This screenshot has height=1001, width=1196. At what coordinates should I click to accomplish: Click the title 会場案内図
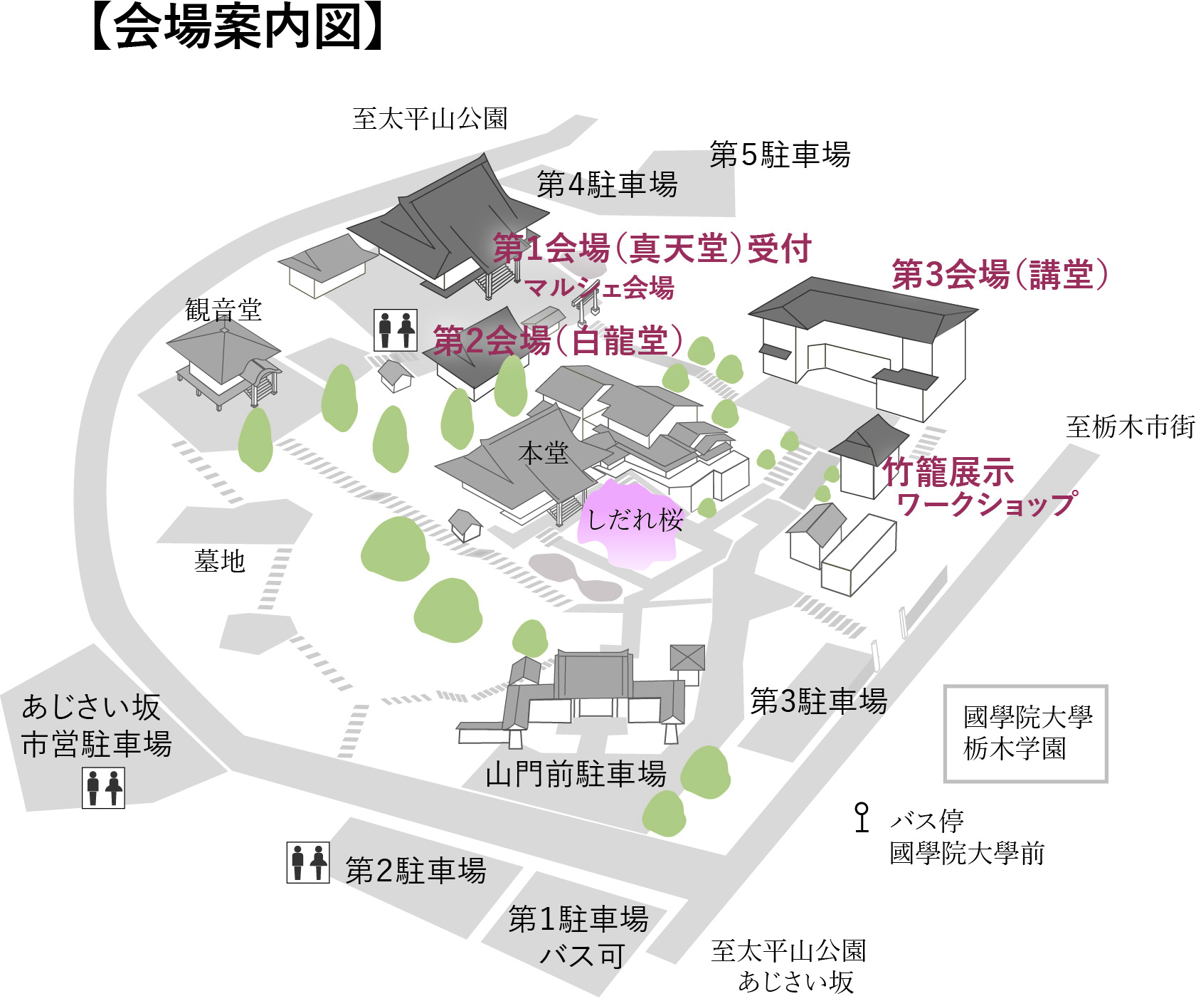click(238, 28)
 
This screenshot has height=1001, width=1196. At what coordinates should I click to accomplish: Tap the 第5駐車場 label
click(780, 154)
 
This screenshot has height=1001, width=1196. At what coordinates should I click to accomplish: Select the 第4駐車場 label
click(607, 185)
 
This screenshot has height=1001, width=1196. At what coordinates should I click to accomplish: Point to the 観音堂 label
click(223, 310)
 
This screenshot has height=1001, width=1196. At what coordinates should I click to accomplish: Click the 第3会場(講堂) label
click(1000, 275)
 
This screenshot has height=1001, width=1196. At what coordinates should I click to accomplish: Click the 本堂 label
click(544, 453)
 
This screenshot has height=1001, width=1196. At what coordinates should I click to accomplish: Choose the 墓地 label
click(220, 561)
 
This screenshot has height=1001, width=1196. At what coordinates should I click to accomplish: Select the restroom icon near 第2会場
click(396, 330)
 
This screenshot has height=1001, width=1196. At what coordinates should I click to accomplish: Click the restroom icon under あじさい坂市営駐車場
click(103, 788)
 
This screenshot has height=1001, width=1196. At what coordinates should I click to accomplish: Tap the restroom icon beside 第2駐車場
click(308, 863)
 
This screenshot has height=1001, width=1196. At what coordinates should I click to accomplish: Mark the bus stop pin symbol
click(862, 817)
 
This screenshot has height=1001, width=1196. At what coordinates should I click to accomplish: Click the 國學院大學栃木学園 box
click(1025, 733)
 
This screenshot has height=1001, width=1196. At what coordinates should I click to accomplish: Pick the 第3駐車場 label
click(818, 701)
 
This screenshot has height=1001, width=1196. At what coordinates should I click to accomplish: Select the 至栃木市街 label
click(1130, 426)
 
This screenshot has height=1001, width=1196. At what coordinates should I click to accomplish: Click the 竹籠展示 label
click(948, 471)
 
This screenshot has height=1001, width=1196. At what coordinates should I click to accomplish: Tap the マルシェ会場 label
click(599, 288)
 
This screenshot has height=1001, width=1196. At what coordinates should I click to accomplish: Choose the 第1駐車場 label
click(578, 919)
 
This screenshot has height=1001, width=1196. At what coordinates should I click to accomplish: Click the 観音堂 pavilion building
click(223, 363)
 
